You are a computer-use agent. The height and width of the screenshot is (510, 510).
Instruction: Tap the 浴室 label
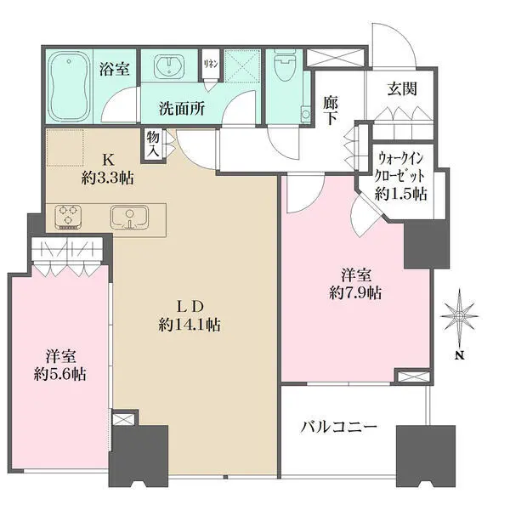(x=114, y=70)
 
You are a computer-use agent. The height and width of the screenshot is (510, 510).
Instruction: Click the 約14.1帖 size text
(x=190, y=325)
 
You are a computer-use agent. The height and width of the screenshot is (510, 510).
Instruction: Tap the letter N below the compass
(x=459, y=355)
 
